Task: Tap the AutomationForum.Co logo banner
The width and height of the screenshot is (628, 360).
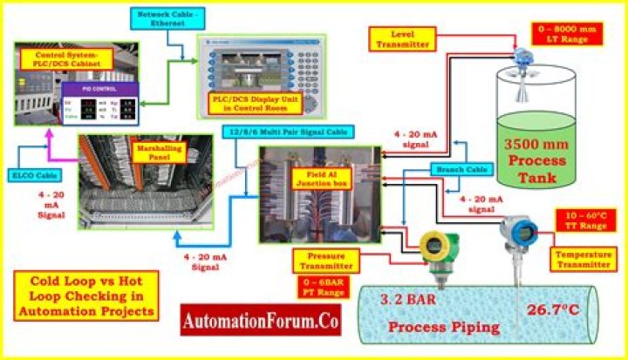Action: click(262, 320)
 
